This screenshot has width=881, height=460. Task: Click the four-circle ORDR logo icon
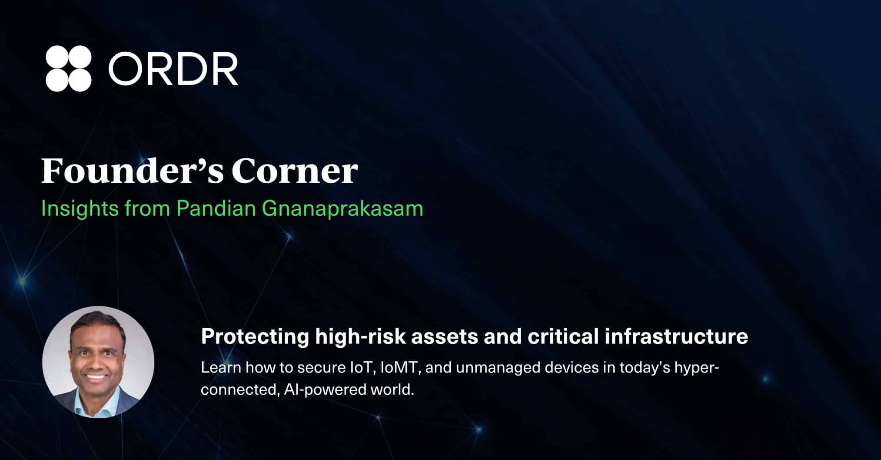[x=69, y=68]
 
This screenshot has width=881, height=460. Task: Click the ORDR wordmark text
[x=173, y=69]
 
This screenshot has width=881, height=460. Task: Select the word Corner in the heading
[x=295, y=171]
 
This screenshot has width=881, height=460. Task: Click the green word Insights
[x=80, y=208]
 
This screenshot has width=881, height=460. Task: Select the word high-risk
[x=361, y=337]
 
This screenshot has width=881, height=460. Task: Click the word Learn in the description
[x=221, y=368]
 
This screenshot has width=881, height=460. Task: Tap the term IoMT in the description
[x=399, y=368]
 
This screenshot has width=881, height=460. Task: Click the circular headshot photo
[x=98, y=362]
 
